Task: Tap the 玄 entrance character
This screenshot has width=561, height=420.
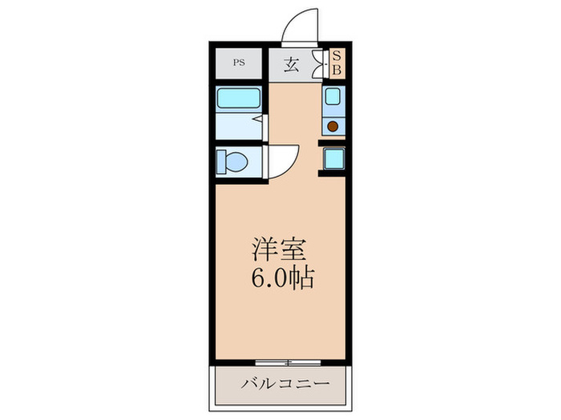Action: point(292,65)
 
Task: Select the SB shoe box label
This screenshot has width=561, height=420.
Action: point(337,63)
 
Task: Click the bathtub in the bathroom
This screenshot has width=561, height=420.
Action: point(239,100)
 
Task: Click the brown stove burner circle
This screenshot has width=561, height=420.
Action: point(333,125)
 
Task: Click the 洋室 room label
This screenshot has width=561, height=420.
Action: point(277,250)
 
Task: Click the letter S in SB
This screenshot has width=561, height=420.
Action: point(337,57)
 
